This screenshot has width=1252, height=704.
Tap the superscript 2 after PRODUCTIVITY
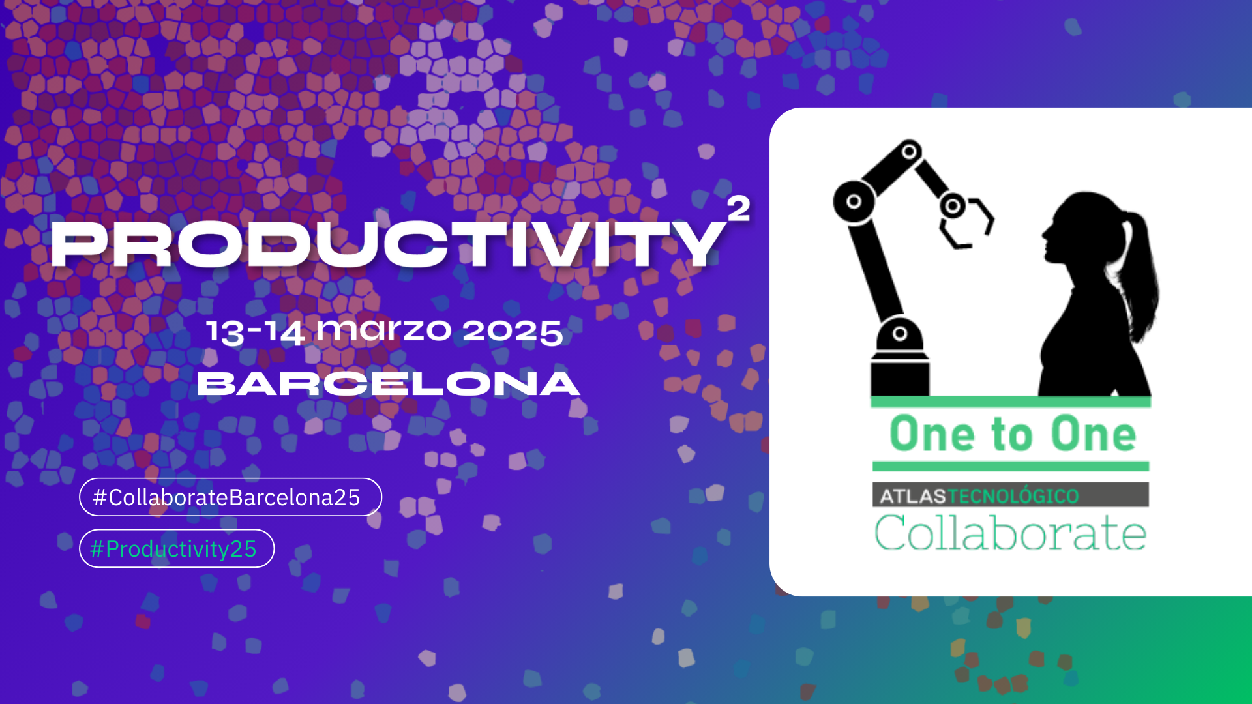tap(738, 209)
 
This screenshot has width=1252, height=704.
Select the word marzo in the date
tap(383, 330)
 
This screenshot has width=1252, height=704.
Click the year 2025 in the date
tap(513, 331)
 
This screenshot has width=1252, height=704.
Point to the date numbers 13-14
tap(255, 331)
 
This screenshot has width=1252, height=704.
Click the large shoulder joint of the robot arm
tap(854, 201)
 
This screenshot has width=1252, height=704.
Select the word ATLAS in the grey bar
tap(912, 496)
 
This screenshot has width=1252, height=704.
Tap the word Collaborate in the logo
tap(1010, 533)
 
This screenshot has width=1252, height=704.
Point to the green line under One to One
tap(1010, 466)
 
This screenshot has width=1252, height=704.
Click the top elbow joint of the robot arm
tap(910, 152)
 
